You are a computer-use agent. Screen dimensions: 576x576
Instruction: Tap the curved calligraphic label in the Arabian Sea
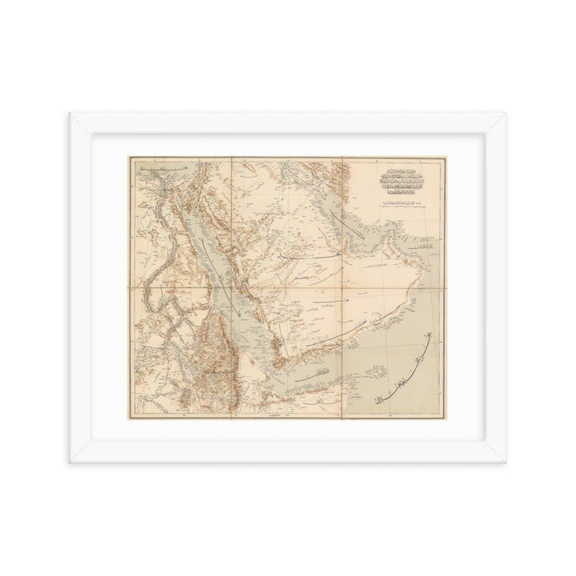pos(400,369)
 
